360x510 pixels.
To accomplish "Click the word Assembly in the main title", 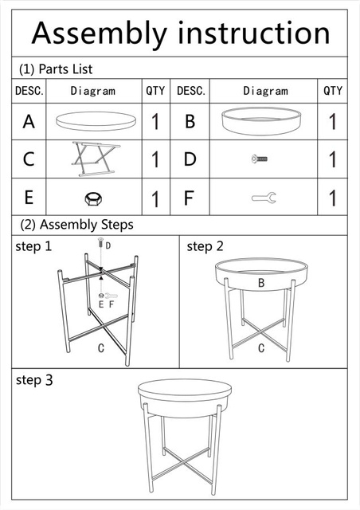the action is click(x=100, y=33).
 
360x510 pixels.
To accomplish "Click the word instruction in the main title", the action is click(x=254, y=33).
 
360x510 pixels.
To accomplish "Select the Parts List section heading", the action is click(x=56, y=69).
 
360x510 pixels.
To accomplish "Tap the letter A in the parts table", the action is click(x=29, y=122).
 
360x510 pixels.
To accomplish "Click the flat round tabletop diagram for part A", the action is click(x=96, y=121).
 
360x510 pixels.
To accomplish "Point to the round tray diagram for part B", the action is click(x=261, y=120).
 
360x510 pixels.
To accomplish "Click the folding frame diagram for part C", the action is click(x=96, y=159).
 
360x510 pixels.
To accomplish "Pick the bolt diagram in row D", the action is click(x=260, y=159).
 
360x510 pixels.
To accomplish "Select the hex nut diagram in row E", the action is click(x=93, y=198).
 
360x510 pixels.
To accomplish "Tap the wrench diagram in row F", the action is click(x=264, y=198).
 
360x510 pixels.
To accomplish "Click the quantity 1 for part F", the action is click(x=332, y=198).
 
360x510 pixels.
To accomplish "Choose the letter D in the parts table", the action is click(x=190, y=159).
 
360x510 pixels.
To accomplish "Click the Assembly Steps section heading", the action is click(x=76, y=225).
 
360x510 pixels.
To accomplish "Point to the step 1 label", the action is click(x=33, y=246).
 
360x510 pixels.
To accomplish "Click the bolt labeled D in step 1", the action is click(x=100, y=243).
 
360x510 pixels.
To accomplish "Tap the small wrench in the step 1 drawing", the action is click(x=111, y=296).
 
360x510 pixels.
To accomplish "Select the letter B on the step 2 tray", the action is click(x=260, y=283).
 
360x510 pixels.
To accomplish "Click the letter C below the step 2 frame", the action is click(x=260, y=348).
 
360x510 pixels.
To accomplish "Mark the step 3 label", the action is click(x=34, y=380).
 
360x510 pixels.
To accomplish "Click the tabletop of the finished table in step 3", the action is click(x=185, y=390).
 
